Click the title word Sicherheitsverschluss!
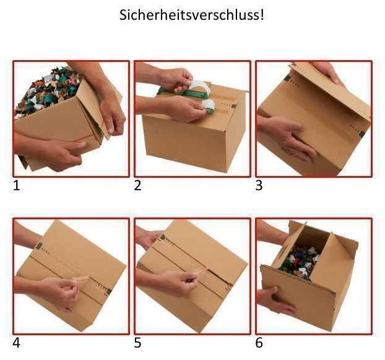(x=192, y=15)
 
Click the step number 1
(x=17, y=185)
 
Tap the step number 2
(x=138, y=185)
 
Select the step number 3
(x=259, y=185)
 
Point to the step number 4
(x=17, y=342)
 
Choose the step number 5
(x=138, y=342)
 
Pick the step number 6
(x=259, y=342)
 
